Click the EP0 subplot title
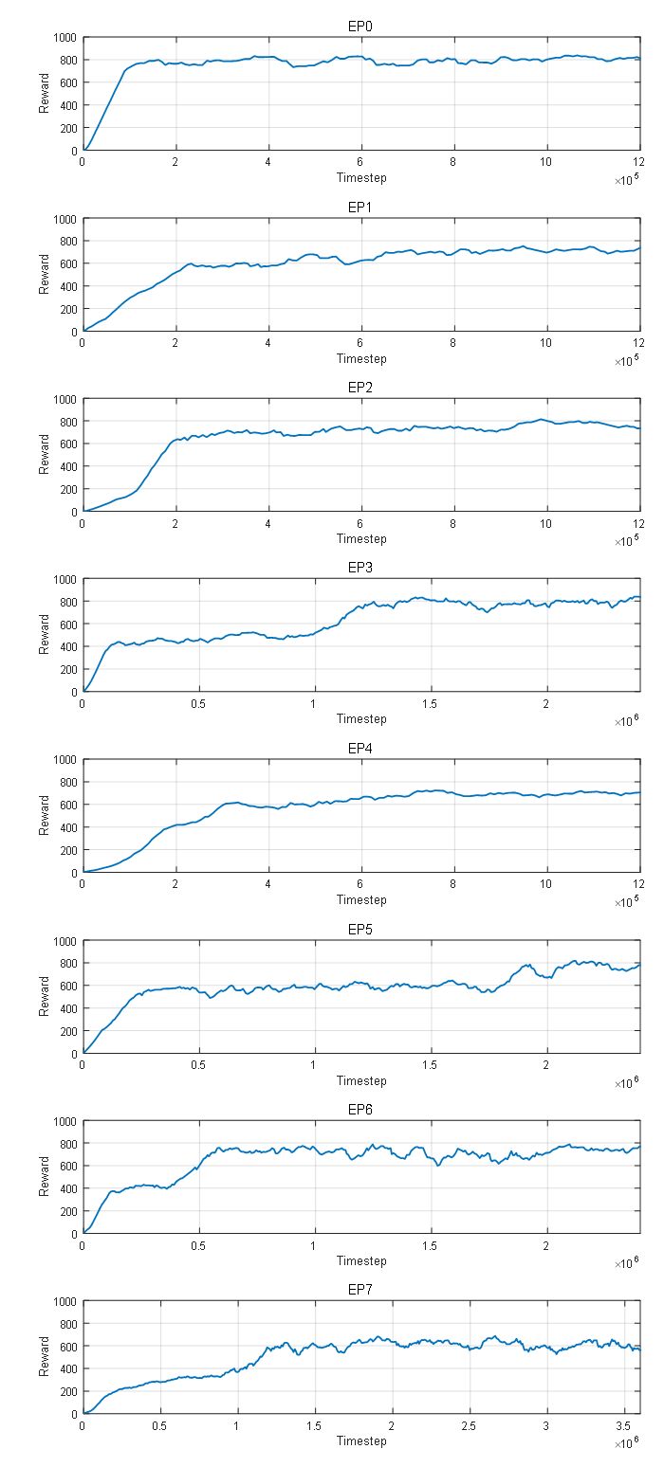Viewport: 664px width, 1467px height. coord(360,26)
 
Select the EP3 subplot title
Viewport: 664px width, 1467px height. coord(360,567)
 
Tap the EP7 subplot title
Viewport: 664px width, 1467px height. coord(360,1290)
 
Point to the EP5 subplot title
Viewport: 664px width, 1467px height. coord(360,929)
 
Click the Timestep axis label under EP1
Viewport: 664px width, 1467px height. coord(361,358)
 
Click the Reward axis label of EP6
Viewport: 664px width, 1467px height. coord(45,1177)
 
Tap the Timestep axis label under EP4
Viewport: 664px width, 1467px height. coord(361,899)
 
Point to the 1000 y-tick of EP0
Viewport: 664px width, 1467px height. coord(65,38)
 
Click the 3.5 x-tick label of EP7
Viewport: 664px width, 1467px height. coord(623,1425)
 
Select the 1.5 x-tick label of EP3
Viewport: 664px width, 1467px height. coord(431,703)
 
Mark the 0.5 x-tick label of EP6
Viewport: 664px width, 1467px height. coord(199,1245)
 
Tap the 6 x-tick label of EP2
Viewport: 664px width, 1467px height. coord(361,523)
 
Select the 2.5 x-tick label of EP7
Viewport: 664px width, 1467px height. coord(469,1425)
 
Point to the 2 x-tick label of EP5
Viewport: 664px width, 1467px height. coord(546,1064)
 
